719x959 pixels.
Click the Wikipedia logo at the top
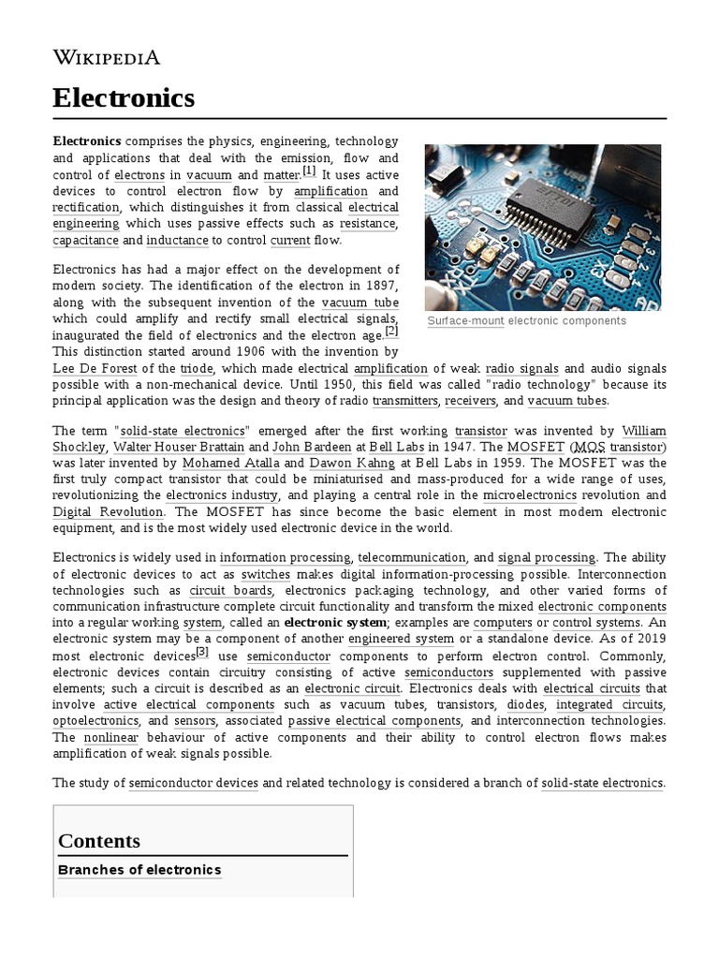point(106,58)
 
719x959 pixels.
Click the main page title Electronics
point(124,97)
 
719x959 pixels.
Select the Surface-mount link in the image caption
point(465,321)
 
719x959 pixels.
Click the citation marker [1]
point(309,171)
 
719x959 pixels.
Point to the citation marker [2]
point(391,331)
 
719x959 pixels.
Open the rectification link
point(86,207)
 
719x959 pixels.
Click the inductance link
point(178,241)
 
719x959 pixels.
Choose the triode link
point(197,369)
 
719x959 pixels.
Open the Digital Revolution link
point(109,512)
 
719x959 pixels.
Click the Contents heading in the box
point(99,840)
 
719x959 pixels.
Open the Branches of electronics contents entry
point(139,870)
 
